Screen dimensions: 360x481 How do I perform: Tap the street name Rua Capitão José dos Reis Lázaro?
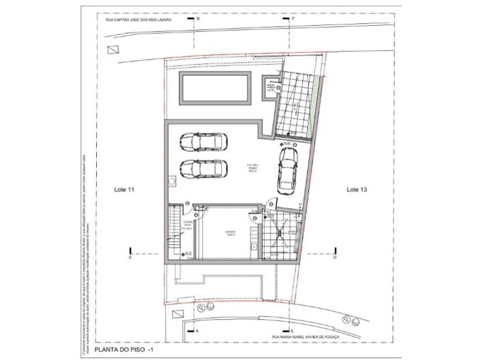click(138, 20)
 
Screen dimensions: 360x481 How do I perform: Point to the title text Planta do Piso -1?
click(126, 350)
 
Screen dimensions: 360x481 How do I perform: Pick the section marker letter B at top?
click(198, 20)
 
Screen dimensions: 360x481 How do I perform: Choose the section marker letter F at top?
click(293, 20)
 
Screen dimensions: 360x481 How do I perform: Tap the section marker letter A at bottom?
click(198, 330)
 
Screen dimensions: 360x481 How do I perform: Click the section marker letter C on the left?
click(130, 258)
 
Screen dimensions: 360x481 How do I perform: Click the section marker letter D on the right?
click(334, 258)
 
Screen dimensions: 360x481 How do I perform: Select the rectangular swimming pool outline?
click(214, 88)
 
